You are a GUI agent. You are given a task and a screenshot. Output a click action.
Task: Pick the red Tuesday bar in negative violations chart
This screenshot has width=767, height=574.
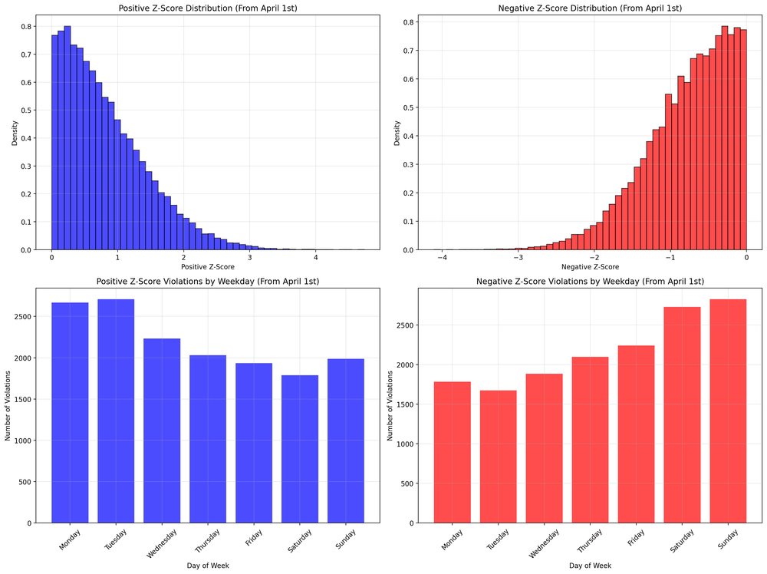click(498, 457)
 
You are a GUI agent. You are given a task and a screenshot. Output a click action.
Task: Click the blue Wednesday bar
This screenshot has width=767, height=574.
click(162, 430)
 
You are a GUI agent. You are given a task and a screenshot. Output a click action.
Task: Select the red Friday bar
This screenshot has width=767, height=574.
click(636, 434)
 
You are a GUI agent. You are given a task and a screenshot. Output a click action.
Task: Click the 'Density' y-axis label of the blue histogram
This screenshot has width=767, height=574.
click(15, 132)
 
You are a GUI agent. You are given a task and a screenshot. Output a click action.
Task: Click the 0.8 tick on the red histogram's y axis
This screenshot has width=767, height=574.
click(409, 22)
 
